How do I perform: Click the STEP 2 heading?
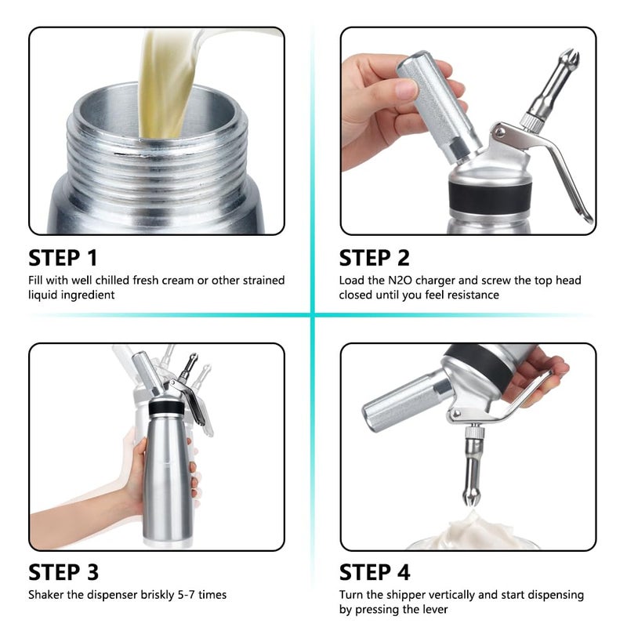374,258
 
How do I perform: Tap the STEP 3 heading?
63,571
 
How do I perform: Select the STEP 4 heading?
375,571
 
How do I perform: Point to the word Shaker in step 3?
45,595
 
